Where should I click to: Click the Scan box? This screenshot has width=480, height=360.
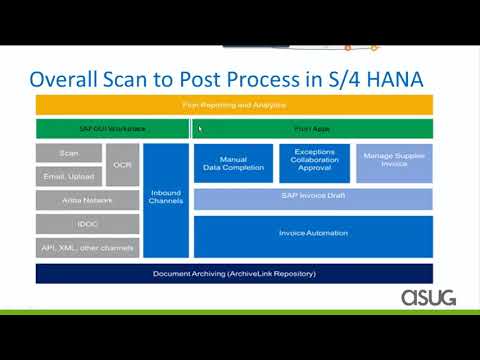click(x=69, y=153)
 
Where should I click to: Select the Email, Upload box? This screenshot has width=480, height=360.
click(x=69, y=176)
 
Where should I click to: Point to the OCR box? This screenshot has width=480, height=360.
click(x=122, y=164)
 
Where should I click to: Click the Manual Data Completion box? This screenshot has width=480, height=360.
click(x=232, y=163)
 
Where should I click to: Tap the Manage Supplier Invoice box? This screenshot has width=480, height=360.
click(x=394, y=163)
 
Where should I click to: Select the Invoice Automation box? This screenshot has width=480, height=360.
click(x=313, y=235)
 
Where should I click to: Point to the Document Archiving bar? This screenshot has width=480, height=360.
click(x=234, y=273)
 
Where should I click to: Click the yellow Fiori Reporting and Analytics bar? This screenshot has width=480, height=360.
click(x=234, y=104)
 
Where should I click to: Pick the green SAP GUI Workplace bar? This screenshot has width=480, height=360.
click(x=112, y=128)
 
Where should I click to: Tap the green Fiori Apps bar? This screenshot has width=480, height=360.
click(x=312, y=128)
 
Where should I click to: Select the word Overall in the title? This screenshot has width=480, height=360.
click(x=68, y=77)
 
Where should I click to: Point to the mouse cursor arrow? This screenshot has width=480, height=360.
click(x=200, y=128)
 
